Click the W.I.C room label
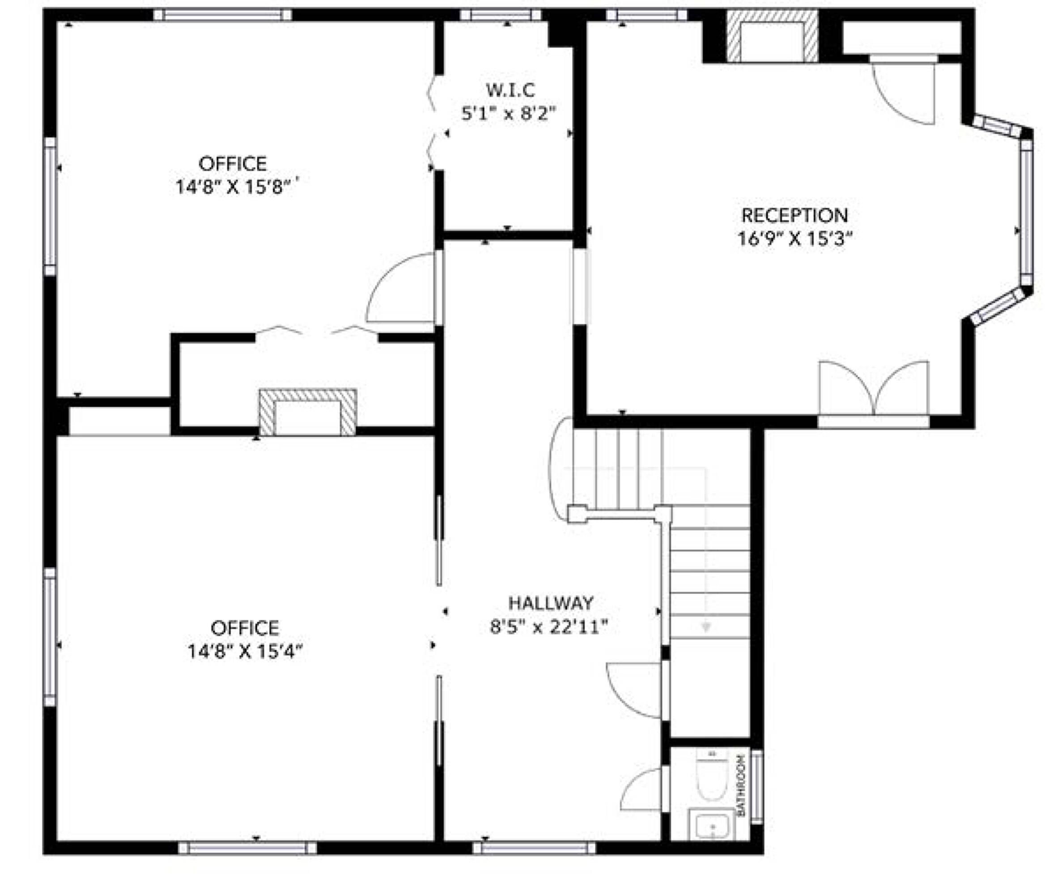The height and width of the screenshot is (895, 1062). coord(510,90)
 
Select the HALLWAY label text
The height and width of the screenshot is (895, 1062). coord(551,603)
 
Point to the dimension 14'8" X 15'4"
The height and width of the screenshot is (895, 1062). coord(245,652)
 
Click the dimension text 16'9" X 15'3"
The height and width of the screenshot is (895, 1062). coord(794,239)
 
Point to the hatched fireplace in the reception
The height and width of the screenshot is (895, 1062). coord(772,37)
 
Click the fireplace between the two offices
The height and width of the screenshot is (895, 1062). coord(307,413)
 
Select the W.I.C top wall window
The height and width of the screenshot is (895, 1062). coord(501,15)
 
